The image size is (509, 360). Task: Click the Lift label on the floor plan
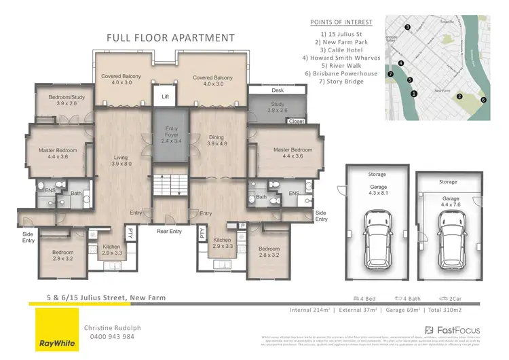pyautogui.click(x=164, y=97)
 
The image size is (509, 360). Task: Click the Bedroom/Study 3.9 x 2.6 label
pyautogui.click(x=62, y=101)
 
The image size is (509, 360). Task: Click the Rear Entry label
pyautogui.click(x=170, y=231)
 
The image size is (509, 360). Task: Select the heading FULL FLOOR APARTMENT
pyautogui.click(x=170, y=38)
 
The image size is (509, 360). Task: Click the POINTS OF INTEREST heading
pyautogui.click(x=341, y=22)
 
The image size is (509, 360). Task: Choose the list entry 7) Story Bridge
pyautogui.click(x=341, y=82)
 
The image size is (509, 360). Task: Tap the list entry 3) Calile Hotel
pyautogui.click(x=341, y=49)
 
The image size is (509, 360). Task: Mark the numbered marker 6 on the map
pyautogui.click(x=483, y=100)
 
